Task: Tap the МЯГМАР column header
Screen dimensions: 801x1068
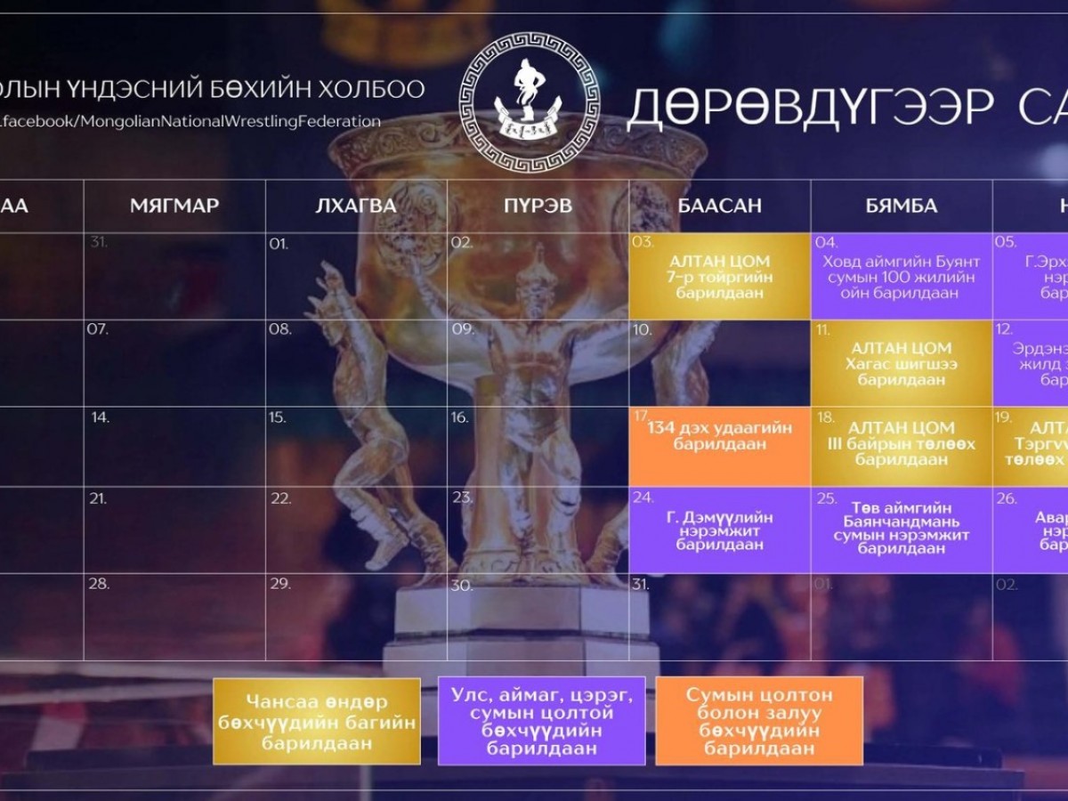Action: tap(174, 206)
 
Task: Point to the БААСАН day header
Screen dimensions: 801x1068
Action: tap(719, 206)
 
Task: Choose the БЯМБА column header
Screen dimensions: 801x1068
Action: tap(901, 206)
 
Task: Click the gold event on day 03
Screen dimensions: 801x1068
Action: tap(719, 277)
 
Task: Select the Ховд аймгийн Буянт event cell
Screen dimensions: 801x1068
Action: tap(901, 277)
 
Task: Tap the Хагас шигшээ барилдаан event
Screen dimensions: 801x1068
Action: tap(901, 363)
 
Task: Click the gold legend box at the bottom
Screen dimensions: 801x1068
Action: tap(316, 721)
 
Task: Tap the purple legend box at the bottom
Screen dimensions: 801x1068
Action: tap(541, 721)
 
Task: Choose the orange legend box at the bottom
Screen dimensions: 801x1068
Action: tap(758, 721)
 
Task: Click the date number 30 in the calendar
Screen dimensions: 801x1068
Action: tap(460, 585)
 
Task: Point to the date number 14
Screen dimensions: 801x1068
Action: tap(100, 417)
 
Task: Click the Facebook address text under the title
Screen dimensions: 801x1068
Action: tap(191, 122)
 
